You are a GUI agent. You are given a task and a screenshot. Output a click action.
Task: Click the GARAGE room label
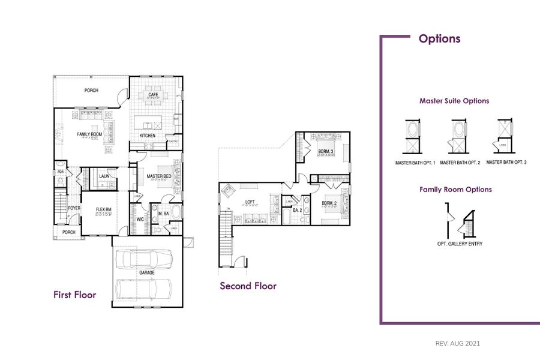point(147,272)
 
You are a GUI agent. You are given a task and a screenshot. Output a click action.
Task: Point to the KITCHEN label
point(148,136)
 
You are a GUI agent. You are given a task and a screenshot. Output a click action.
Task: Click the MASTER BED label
point(159,176)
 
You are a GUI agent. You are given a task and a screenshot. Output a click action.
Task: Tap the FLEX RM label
point(104,209)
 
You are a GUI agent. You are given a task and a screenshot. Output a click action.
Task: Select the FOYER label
point(74,208)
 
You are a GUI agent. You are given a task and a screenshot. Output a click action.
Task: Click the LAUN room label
point(104,176)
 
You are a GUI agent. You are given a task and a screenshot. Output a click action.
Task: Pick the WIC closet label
point(140,220)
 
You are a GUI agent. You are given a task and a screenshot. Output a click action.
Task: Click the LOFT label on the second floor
point(251,202)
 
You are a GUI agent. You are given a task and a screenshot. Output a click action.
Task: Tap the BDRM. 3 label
point(326,151)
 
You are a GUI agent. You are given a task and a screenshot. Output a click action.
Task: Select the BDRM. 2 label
point(329,203)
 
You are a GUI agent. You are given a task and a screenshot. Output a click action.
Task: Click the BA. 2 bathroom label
point(296,211)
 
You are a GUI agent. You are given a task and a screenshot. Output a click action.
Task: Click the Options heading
point(439,39)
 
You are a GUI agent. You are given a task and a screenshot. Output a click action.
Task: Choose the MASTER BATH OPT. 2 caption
point(460,163)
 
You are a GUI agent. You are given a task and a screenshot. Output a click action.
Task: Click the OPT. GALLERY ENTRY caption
point(460,244)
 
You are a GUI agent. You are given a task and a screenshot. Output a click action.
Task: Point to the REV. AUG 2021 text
point(457,344)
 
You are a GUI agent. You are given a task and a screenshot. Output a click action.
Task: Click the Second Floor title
point(248,286)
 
